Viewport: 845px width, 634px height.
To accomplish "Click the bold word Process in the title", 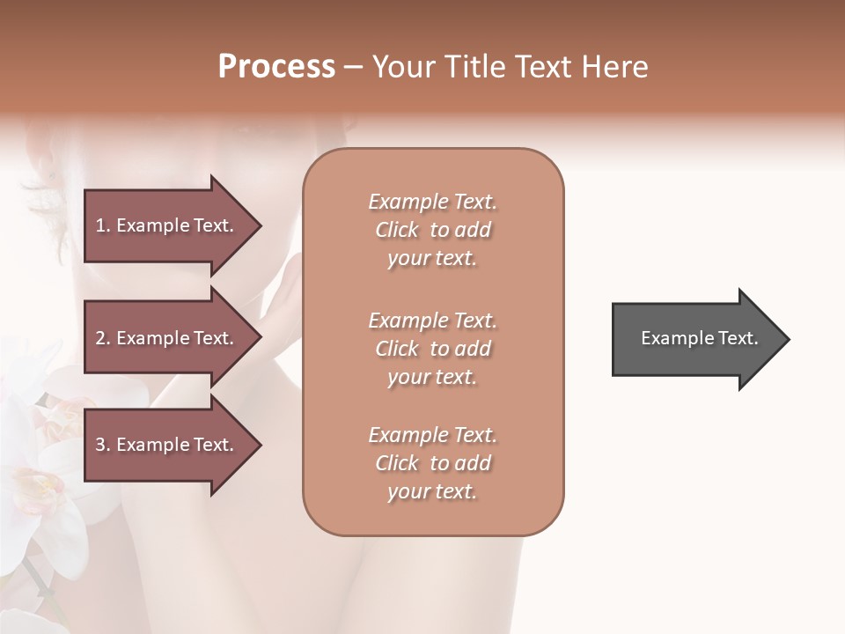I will click(x=276, y=67).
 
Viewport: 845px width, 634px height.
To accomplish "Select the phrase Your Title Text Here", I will click(x=510, y=67).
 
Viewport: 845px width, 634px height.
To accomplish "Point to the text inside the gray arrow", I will click(x=700, y=338).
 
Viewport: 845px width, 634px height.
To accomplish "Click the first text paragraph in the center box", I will click(x=432, y=230).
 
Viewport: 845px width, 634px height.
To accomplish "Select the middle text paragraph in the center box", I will click(x=432, y=348).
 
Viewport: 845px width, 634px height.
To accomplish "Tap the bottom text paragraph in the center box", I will click(x=432, y=463).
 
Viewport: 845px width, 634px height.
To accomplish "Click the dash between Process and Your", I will click(x=353, y=68).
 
